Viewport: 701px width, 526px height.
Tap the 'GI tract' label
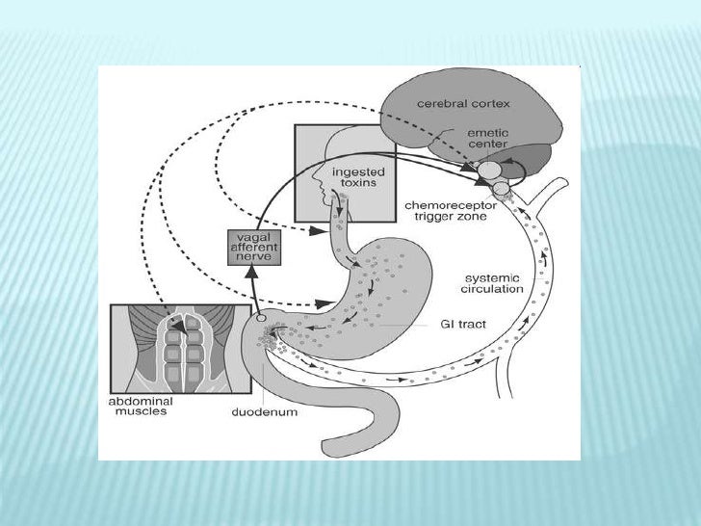tap(464, 325)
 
